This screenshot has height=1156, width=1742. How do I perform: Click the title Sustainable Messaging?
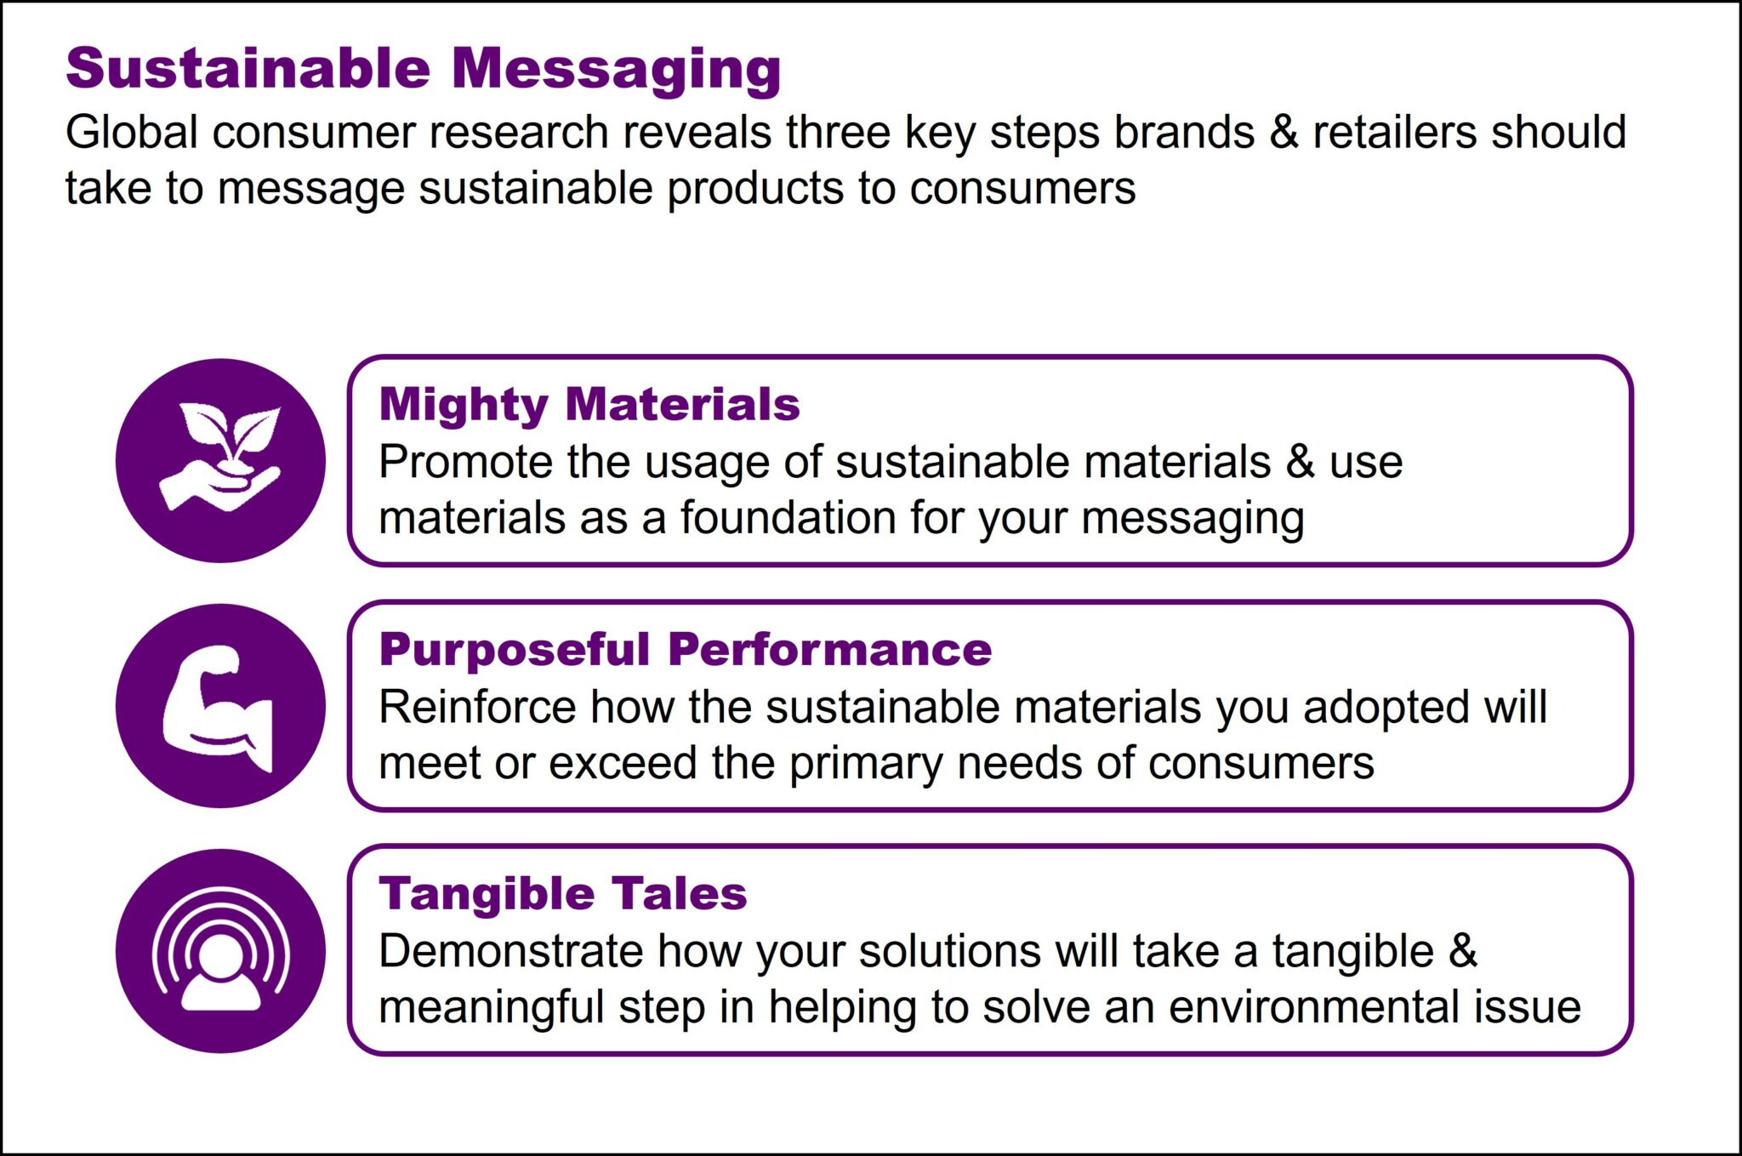pyautogui.click(x=423, y=68)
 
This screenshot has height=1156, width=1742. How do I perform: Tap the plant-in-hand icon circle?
pyautogui.click(x=220, y=460)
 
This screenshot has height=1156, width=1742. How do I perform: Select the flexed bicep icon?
pyautogui.click(x=220, y=706)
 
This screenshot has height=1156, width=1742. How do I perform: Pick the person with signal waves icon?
pyautogui.click(x=220, y=950)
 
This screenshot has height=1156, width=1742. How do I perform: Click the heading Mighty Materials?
pyautogui.click(x=589, y=404)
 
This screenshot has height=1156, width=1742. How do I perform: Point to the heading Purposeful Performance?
pyautogui.click(x=685, y=649)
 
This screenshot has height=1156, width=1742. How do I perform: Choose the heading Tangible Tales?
pyautogui.click(x=562, y=894)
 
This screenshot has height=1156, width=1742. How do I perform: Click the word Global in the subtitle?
pyautogui.click(x=131, y=133)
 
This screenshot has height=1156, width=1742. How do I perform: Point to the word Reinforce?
pyautogui.click(x=476, y=707)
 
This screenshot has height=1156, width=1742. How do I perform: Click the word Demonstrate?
pyautogui.click(x=510, y=951)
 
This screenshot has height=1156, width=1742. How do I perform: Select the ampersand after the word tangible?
pyautogui.click(x=1462, y=951)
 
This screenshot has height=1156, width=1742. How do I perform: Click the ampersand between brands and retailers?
pyautogui.click(x=1284, y=133)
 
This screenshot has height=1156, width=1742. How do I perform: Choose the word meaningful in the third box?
pyautogui.click(x=491, y=1008)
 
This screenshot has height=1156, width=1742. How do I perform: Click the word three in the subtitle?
pyautogui.click(x=838, y=133)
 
